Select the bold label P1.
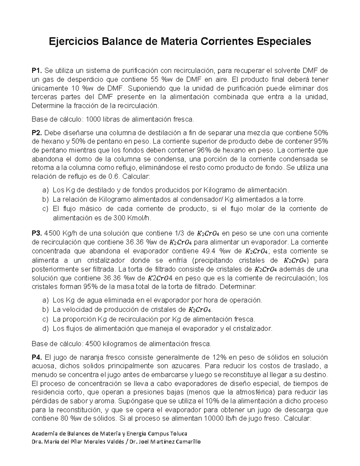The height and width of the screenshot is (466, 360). [x=37, y=71]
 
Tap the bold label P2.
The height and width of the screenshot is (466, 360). [x=37, y=133]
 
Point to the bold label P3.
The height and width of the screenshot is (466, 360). [x=37, y=233]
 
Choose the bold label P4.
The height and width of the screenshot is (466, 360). [x=37, y=357]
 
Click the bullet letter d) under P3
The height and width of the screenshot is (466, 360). [x=45, y=329]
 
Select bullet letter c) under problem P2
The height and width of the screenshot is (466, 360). [x=45, y=209]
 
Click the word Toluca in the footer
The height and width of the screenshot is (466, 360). [x=179, y=434]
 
